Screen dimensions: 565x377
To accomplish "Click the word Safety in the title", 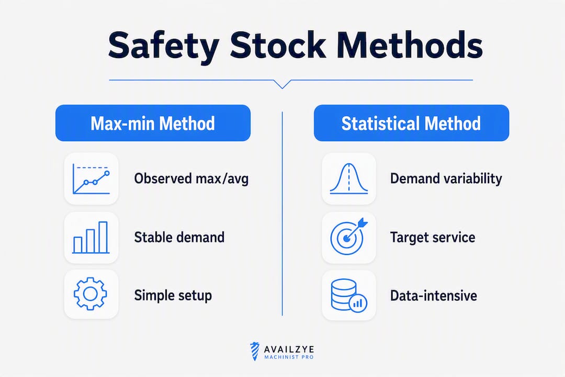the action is click(x=164, y=47).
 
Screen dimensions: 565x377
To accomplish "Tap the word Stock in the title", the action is click(x=278, y=46).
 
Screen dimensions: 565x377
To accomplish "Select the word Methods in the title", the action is click(x=410, y=46).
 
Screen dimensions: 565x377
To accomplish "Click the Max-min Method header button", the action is click(x=153, y=123).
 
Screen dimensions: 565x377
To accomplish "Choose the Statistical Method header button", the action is click(x=411, y=123).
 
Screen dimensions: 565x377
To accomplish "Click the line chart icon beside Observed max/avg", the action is click(x=91, y=179).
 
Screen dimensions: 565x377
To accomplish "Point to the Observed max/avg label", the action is click(x=191, y=179).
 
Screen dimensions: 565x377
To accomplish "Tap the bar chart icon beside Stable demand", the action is click(x=91, y=237).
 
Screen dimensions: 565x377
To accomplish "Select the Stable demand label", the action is click(x=179, y=237).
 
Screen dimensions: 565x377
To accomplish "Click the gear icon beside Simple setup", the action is click(x=91, y=294).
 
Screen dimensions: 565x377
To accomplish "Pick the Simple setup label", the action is click(x=173, y=295).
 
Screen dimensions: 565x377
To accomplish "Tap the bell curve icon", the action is click(x=349, y=179).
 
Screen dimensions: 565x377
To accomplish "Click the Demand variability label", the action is click(x=446, y=179).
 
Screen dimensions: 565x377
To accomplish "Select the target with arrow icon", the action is click(x=348, y=237).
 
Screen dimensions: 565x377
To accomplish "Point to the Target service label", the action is click(x=433, y=237).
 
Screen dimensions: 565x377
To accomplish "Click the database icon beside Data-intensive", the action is click(x=348, y=295).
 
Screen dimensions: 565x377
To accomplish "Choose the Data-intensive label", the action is click(x=434, y=295).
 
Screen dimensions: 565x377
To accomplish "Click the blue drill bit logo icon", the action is click(x=255, y=351).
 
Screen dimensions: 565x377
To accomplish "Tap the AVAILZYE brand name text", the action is click(x=289, y=349).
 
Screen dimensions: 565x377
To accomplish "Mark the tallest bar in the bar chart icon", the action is click(x=103, y=237).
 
